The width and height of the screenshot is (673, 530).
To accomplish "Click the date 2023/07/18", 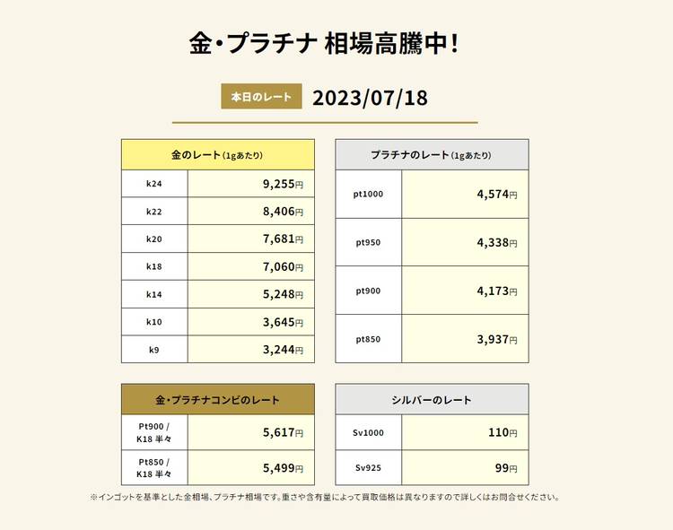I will [370, 97].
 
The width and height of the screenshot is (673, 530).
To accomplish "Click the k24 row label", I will [154, 184].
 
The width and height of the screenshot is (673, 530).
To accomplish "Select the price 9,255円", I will [283, 184].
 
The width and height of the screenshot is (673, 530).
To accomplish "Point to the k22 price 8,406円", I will [283, 212].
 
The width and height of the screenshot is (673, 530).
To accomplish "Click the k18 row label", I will [154, 267].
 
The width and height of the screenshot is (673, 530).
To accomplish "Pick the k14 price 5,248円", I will [283, 295].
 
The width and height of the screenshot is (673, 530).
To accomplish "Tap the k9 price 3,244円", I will [283, 350].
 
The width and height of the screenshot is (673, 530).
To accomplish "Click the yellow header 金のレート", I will [218, 155].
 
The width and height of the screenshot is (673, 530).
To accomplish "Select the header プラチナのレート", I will [432, 155].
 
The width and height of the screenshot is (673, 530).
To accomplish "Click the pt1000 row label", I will [369, 194].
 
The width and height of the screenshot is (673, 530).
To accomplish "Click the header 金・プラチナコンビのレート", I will [218, 400].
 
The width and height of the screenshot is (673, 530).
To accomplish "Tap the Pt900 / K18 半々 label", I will [154, 432].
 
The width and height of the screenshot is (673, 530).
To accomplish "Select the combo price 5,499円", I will [283, 467].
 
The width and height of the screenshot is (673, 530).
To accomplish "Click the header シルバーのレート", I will [432, 400].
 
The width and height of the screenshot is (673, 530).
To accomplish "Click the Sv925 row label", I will [369, 467].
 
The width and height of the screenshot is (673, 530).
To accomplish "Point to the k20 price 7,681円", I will [283, 239].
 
